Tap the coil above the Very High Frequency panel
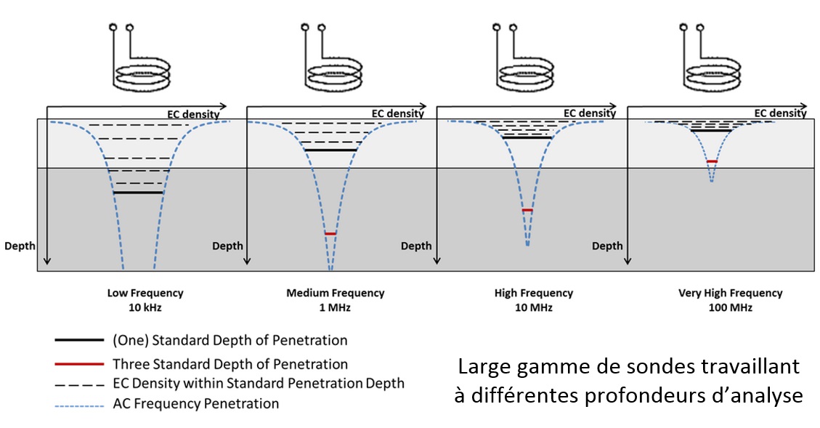pos(713,73)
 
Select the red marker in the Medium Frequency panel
pos(330,233)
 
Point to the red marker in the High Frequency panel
pos(527,210)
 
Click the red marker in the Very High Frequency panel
pos(712,161)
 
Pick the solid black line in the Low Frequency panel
pos(138,193)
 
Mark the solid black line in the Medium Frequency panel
pos(330,150)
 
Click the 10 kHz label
pos(145,307)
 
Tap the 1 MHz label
pos(335,307)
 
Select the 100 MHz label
pos(730,307)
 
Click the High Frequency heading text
pos(533,293)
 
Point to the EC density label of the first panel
pos(193,114)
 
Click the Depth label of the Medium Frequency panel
pos(227,246)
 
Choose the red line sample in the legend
pos(79,363)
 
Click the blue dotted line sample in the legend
pos(79,405)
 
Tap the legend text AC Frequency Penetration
pos(195,404)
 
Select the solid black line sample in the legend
pos(79,340)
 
